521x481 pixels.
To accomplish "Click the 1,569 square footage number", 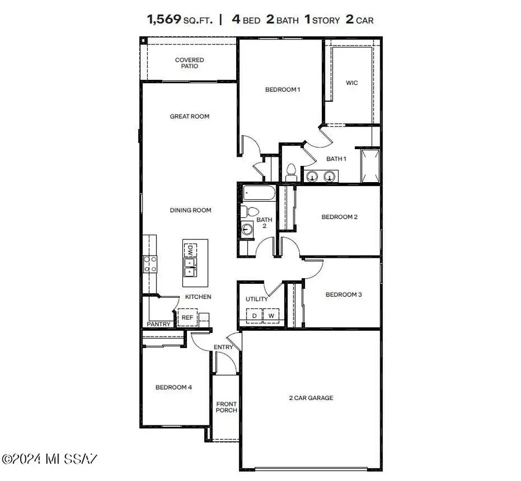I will point(164,19).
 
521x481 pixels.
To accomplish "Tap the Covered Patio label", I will point(189,63).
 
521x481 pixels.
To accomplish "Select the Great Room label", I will point(189,116).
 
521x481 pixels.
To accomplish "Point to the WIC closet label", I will point(351,83).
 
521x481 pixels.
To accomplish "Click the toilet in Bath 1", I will point(291,173).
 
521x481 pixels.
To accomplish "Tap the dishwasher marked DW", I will point(190,250).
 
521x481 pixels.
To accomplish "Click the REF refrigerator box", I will point(188,317).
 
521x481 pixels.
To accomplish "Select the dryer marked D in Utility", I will point(254,316).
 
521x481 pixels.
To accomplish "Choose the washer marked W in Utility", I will point(271,316).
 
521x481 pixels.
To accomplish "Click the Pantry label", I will point(158,324).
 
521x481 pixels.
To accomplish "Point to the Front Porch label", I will point(226,407).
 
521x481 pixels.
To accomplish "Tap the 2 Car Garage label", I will point(311,398).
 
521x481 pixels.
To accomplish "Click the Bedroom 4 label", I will point(173,387).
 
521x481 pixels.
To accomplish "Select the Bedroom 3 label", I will point(343,294).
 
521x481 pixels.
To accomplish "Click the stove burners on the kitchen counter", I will point(150,264).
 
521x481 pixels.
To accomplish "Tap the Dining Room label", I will point(190,210).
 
